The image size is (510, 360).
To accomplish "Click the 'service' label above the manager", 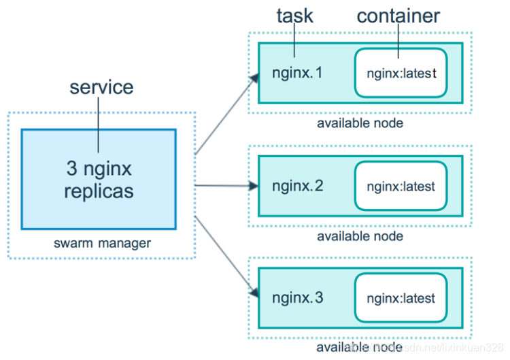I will (x=101, y=87).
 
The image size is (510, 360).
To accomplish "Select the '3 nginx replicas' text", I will (x=99, y=178).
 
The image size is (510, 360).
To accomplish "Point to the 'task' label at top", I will (x=294, y=16).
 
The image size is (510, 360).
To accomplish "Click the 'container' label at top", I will (x=398, y=16).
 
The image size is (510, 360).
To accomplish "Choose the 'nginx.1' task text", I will (x=297, y=72).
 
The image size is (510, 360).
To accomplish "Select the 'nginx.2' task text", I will (x=297, y=185).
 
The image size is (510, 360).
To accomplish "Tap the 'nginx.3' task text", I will (x=297, y=297).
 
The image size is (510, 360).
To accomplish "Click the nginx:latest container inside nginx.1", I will (x=401, y=72).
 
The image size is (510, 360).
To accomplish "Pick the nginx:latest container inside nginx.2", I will (x=401, y=185).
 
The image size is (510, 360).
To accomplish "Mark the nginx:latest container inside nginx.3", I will (x=401, y=298).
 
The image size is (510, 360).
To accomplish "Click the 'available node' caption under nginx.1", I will (x=360, y=123).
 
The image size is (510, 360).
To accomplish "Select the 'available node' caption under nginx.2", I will (x=360, y=236).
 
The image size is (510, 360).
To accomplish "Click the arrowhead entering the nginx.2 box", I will (x=254, y=185).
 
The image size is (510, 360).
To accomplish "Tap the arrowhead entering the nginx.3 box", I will (x=254, y=293).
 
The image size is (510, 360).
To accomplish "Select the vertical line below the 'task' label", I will (x=294, y=41).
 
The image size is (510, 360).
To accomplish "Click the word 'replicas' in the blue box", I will (x=99, y=191).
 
